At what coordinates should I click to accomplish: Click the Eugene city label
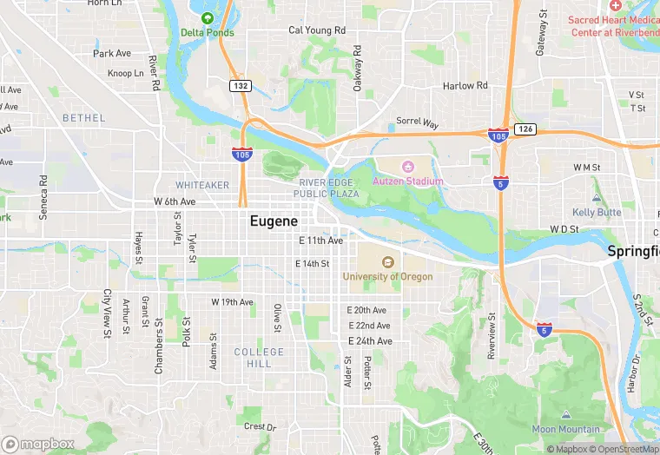point(274,221)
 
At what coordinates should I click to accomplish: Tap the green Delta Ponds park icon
point(207,18)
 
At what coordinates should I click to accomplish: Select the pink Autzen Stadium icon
point(408,166)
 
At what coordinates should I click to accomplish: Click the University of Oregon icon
point(387,261)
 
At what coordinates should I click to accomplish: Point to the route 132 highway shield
point(241,86)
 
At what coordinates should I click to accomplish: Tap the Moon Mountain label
point(565,429)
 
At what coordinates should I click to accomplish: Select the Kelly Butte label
point(597,212)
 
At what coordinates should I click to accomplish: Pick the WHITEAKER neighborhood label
point(202,185)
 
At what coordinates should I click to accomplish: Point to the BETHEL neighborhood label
point(83,118)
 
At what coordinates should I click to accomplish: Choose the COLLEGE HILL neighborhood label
point(259,358)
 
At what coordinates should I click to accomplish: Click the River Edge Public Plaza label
point(326,188)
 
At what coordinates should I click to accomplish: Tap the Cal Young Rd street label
point(317,30)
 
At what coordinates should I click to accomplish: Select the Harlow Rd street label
point(465,86)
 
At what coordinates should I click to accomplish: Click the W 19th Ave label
point(232,302)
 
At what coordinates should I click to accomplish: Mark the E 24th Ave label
point(370,341)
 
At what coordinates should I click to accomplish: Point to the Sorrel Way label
point(418,123)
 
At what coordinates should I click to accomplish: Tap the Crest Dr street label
point(260,426)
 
